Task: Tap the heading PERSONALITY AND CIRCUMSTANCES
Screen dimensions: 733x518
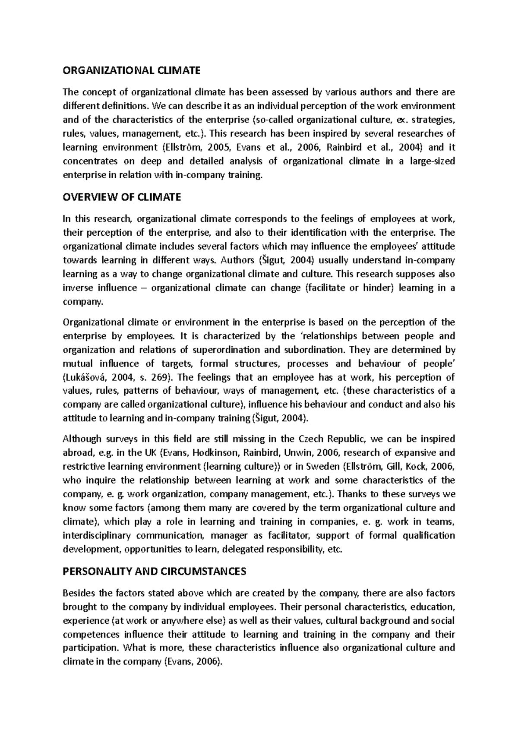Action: pyautogui.click(x=155, y=572)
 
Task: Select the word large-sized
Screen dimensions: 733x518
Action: pyautogui.click(x=432, y=161)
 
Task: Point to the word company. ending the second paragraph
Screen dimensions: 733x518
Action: pyautogui.click(x=83, y=302)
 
